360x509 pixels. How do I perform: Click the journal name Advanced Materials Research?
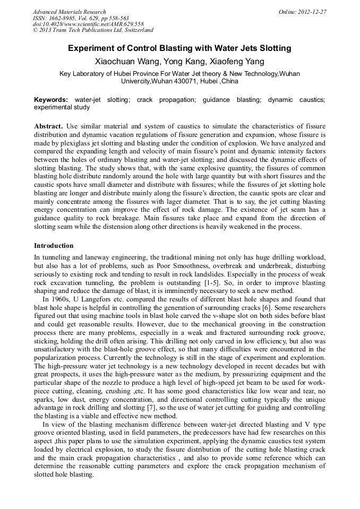(x=69, y=12)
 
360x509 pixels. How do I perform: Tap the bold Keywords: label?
(x=51, y=100)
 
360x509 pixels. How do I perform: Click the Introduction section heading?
(x=54, y=246)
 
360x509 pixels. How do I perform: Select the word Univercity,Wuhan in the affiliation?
(x=149, y=82)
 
